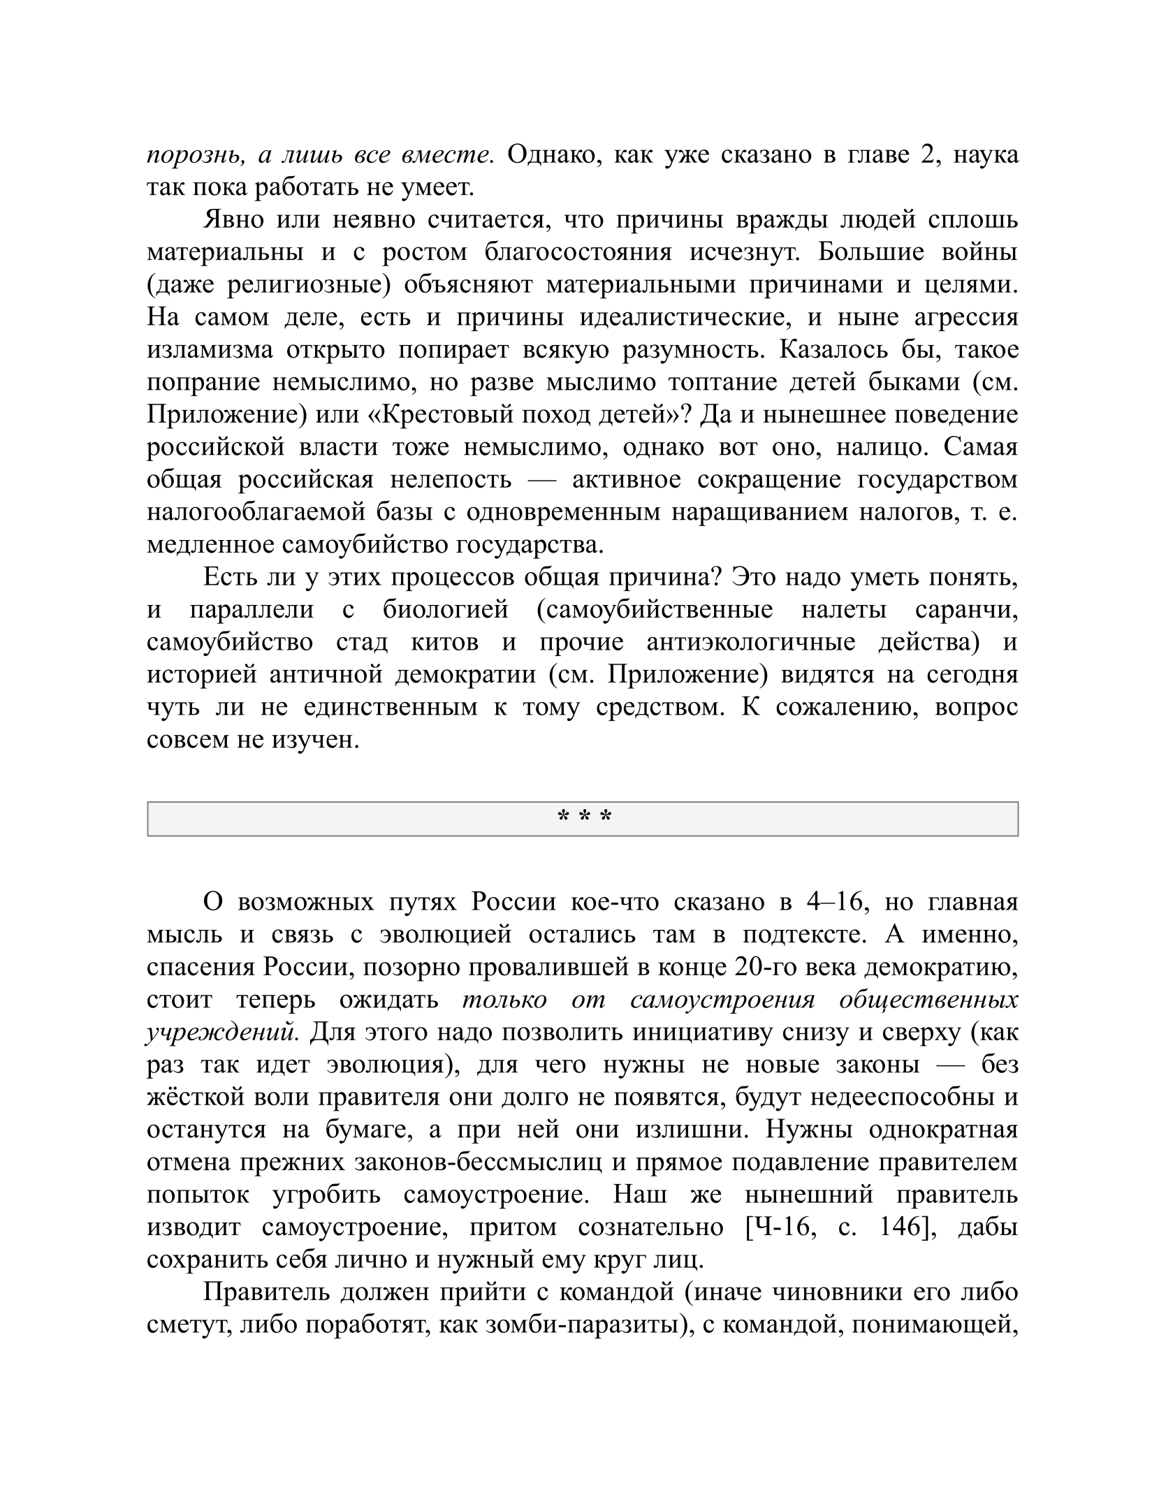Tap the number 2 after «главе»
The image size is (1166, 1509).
(926, 154)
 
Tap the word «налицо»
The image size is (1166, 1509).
(882, 446)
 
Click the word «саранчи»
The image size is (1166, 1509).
(966, 610)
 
